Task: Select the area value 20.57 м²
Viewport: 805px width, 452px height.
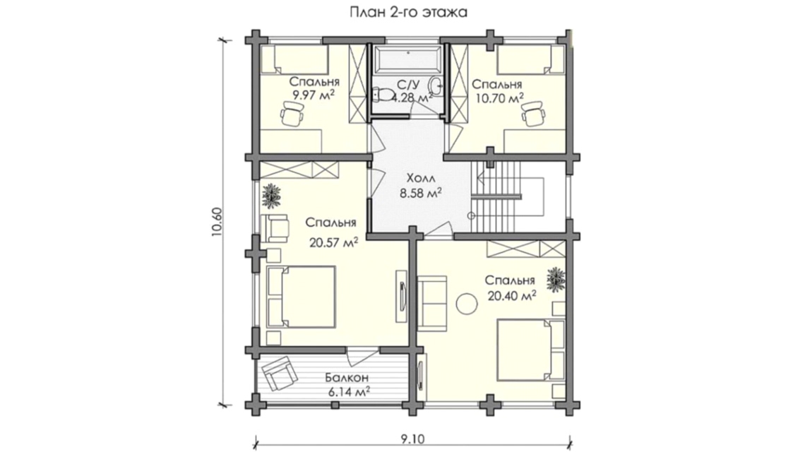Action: (333, 242)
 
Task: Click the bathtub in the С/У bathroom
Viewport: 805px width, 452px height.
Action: (407, 61)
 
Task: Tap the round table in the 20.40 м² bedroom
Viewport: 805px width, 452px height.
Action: (465, 304)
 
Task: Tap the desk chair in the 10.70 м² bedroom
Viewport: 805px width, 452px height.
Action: (534, 112)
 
